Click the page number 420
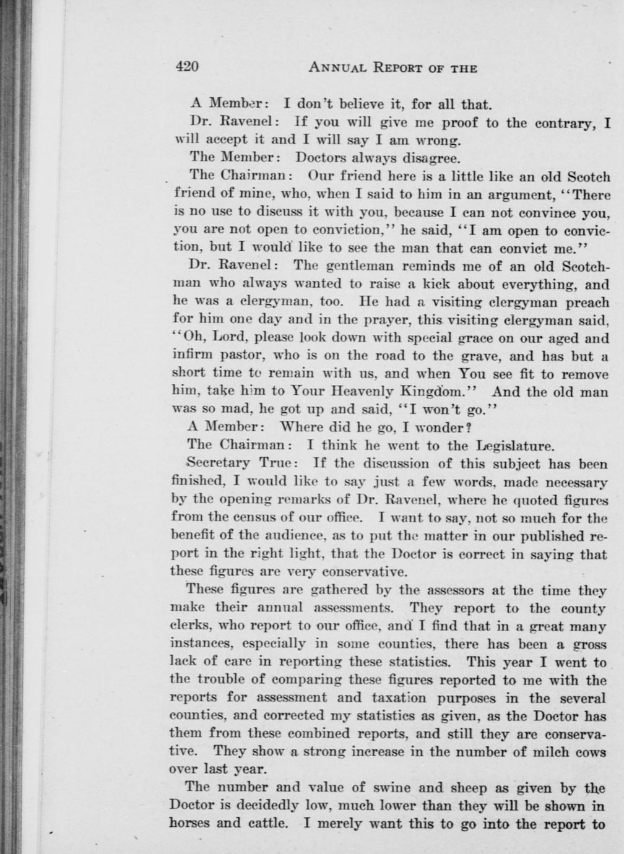186,67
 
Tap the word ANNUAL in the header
338,67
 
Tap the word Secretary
219,463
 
